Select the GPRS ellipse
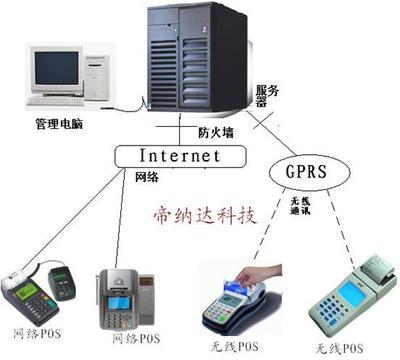pyautogui.click(x=309, y=171)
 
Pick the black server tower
pyautogui.click(x=194, y=60)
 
